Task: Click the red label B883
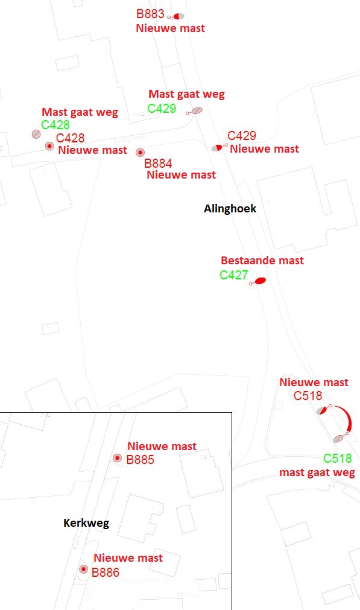point(150,14)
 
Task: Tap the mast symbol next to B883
point(178,16)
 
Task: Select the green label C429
point(162,108)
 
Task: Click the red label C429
point(241,135)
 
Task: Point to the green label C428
point(55,124)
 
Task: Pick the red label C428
point(71,138)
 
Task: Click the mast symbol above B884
point(141,152)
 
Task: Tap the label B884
point(158,164)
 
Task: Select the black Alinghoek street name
point(230,209)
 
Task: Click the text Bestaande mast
point(262,261)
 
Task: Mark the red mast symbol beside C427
point(260,281)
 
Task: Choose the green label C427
point(233,275)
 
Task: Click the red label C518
point(308,396)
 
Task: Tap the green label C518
point(338,459)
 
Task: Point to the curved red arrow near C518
point(349,418)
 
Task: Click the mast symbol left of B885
point(117,458)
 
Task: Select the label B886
point(106,572)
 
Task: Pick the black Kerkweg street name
point(86,523)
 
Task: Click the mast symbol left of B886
point(84,569)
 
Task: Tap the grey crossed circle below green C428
point(36,134)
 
